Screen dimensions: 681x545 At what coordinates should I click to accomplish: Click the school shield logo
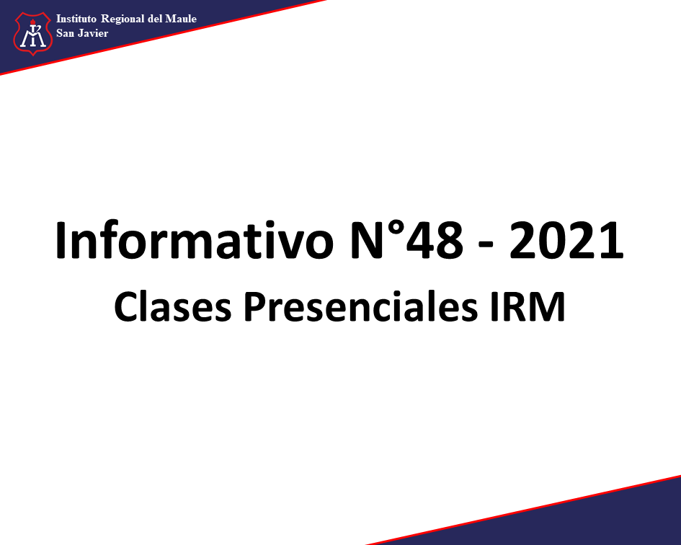(32, 34)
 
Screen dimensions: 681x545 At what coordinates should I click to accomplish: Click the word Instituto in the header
(76, 19)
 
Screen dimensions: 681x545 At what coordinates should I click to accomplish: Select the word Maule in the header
(181, 19)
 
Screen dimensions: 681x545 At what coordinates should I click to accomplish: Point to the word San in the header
(65, 33)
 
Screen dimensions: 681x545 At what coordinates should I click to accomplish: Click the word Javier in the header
(93, 33)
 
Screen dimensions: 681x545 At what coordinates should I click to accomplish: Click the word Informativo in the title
(195, 240)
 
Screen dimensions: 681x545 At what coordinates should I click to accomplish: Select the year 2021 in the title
(566, 240)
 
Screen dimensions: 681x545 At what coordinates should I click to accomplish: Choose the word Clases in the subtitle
(172, 306)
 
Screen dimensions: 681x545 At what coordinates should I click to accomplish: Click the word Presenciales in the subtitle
(361, 306)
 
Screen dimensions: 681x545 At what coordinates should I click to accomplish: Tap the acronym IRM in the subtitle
(528, 306)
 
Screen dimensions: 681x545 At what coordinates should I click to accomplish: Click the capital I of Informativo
(61, 240)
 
